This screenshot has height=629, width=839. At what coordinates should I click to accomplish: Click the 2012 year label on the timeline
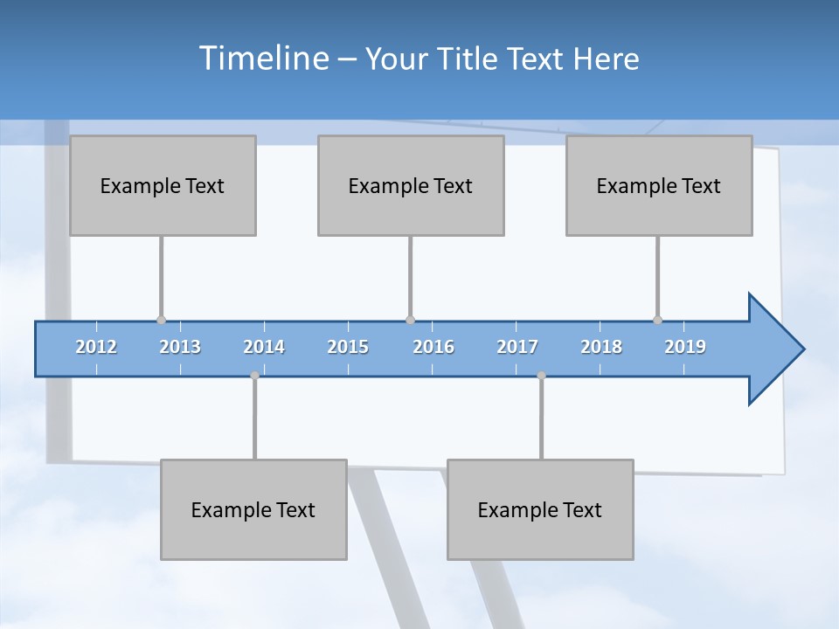click(96, 347)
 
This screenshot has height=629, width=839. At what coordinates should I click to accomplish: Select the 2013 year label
click(180, 347)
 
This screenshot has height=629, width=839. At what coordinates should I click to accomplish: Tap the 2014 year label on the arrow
click(264, 347)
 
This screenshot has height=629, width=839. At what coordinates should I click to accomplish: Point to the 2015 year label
click(348, 347)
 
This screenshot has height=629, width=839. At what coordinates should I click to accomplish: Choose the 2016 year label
click(433, 347)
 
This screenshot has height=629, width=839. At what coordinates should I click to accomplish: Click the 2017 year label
click(517, 347)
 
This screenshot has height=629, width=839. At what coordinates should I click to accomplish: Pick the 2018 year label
click(601, 347)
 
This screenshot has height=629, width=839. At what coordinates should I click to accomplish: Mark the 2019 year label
click(685, 347)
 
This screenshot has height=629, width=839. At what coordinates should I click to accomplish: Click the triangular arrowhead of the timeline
click(774, 349)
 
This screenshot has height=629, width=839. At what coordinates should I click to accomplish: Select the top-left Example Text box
click(163, 185)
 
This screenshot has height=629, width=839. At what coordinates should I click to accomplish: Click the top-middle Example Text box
click(411, 185)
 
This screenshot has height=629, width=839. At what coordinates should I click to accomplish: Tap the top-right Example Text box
click(659, 185)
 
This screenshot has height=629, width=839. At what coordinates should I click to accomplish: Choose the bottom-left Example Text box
click(253, 509)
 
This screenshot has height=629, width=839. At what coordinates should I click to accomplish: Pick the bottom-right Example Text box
click(540, 509)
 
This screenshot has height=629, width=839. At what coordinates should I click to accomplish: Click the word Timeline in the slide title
click(263, 59)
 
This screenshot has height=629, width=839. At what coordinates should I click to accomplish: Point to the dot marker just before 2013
click(161, 321)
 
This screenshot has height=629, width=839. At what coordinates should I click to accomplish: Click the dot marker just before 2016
click(410, 321)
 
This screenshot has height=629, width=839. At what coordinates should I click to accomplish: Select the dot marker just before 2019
click(657, 321)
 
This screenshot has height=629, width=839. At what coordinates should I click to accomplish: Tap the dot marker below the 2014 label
click(254, 375)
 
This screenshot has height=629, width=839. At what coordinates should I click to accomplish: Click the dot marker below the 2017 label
click(541, 375)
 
